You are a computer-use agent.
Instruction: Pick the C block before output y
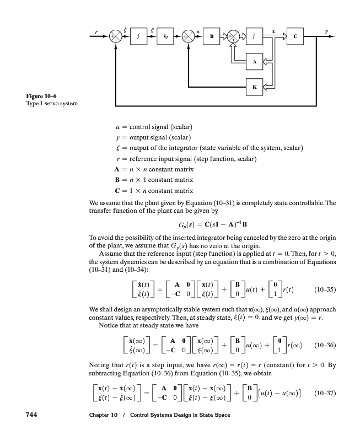click(295, 37)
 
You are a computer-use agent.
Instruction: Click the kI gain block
click(164, 37)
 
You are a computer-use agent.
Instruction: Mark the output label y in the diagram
click(326, 31)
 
